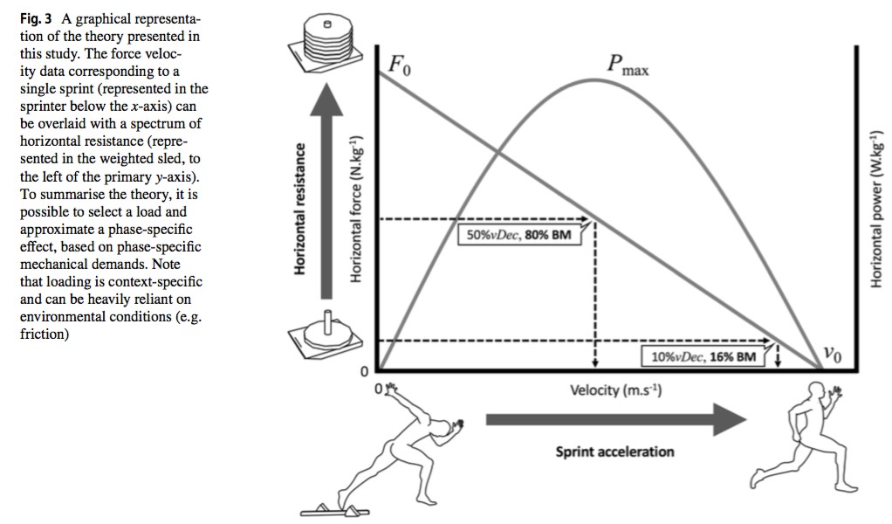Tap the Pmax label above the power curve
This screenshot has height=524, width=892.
click(627, 65)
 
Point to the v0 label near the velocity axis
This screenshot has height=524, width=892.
click(833, 355)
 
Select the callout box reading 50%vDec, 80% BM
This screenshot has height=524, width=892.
click(519, 234)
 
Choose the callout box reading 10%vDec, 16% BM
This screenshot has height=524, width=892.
click(703, 357)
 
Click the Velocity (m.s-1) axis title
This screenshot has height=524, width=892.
click(615, 390)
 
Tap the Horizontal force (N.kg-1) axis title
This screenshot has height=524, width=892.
click(356, 209)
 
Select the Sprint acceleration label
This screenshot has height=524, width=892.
click(614, 452)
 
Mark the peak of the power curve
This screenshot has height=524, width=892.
click(596, 79)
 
